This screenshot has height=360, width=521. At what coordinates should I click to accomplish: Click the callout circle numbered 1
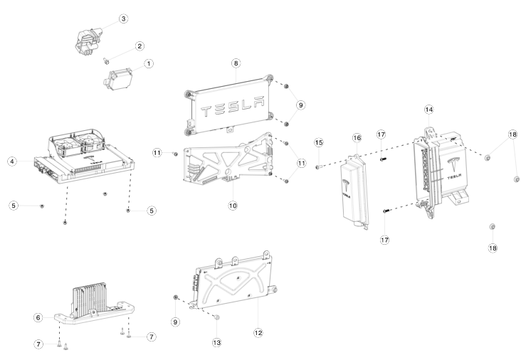[x=149, y=63]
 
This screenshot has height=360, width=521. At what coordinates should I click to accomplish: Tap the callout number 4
[x=13, y=162]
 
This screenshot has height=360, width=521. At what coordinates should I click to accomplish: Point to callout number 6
[x=39, y=317]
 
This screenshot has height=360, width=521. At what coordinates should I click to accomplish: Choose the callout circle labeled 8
[x=236, y=63]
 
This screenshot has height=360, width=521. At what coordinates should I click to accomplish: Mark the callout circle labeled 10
[x=233, y=205]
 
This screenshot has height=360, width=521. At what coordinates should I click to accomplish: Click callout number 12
[x=258, y=332]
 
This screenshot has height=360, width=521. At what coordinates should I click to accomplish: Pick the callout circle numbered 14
[x=428, y=110]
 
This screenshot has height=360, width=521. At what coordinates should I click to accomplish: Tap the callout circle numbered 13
[x=217, y=342]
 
